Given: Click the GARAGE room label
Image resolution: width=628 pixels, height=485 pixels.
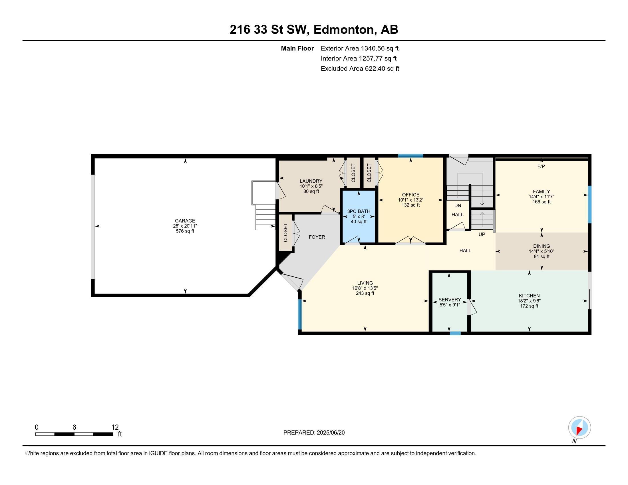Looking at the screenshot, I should click(185, 221).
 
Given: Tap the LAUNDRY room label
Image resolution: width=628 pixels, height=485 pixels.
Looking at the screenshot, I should click(311, 181).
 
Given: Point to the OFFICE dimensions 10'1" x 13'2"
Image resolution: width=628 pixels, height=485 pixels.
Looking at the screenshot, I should click(410, 200).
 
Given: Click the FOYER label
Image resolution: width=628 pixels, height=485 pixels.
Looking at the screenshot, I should click(317, 237).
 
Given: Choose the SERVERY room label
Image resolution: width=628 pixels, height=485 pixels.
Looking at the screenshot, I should click(449, 300).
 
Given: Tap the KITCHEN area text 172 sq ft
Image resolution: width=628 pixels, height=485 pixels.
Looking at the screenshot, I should click(529, 306).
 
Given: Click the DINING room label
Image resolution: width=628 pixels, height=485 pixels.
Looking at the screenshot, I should click(541, 246).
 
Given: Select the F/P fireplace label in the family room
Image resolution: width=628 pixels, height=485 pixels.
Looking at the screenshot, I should click(541, 166).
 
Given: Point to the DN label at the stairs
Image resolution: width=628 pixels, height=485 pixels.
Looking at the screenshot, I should click(458, 205).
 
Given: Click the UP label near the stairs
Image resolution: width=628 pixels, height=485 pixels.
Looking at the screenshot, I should click(482, 234).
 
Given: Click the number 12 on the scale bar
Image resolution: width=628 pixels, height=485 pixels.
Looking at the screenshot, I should click(115, 427).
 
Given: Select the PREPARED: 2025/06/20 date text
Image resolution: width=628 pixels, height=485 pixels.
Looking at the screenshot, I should click(314, 433).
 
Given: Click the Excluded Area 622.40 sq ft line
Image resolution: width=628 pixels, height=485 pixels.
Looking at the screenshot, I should click(360, 69).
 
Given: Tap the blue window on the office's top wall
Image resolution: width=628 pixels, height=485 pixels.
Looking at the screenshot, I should click(410, 156).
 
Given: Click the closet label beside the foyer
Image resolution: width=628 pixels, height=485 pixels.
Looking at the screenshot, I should click(285, 233).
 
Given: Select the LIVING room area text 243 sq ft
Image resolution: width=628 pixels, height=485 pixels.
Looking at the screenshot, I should click(365, 293).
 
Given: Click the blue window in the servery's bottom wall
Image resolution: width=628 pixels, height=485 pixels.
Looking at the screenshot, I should click(455, 333).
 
